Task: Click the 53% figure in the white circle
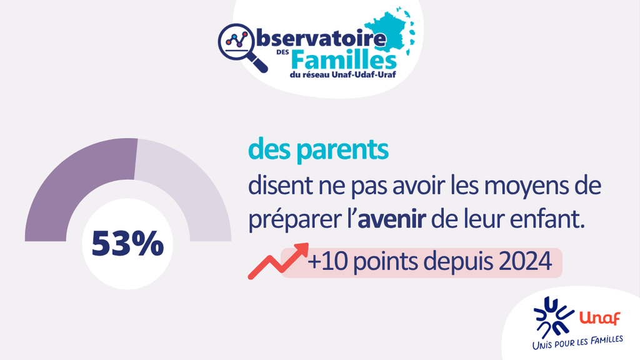click(x=127, y=244)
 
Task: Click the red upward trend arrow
click(x=278, y=261)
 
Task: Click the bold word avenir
click(x=392, y=219)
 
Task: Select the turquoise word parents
click(x=342, y=150)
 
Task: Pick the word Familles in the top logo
click(x=344, y=61)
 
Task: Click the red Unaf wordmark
click(x=599, y=317)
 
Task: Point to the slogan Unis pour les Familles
click(x=577, y=342)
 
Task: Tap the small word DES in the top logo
click(x=282, y=52)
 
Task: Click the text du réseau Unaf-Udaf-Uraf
click(x=343, y=75)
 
